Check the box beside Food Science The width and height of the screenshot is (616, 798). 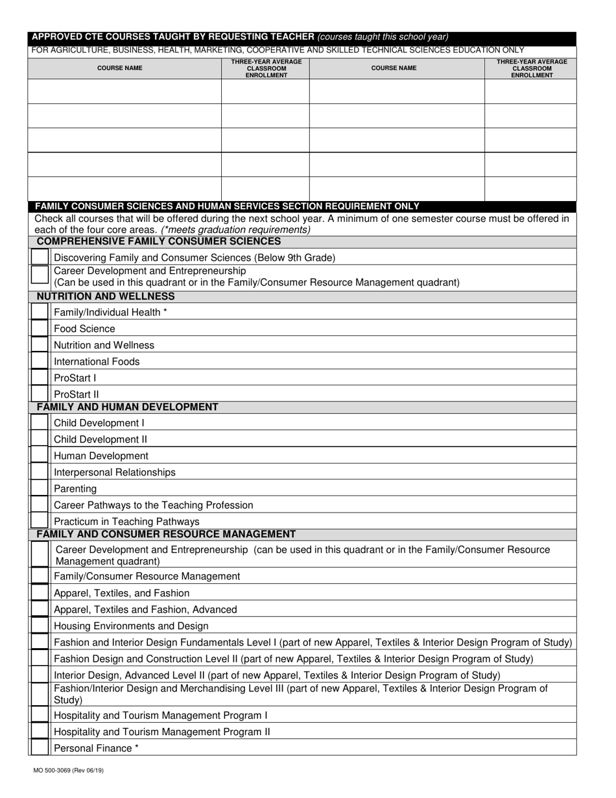(x=40, y=329)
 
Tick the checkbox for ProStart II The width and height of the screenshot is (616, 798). (x=40, y=394)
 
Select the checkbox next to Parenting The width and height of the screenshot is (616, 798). (x=40, y=489)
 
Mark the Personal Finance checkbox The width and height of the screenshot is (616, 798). (x=40, y=748)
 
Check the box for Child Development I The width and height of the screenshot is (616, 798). (x=40, y=423)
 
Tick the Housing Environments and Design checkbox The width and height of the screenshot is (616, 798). (x=40, y=626)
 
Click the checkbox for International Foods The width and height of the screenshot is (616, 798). (x=40, y=361)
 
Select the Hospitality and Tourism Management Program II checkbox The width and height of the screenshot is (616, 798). (x=40, y=732)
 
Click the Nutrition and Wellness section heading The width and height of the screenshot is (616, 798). (x=106, y=296)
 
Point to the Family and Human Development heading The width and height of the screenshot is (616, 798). (x=127, y=407)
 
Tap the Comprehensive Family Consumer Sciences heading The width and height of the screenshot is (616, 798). (x=159, y=241)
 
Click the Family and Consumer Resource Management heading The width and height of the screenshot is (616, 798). (x=166, y=534)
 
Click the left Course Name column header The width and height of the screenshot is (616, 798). (x=120, y=68)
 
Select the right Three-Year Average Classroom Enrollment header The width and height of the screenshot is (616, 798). (x=531, y=68)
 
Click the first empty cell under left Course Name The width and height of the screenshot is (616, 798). (x=124, y=91)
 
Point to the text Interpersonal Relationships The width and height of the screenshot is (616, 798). (x=115, y=472)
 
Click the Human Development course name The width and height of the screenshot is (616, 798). (x=101, y=456)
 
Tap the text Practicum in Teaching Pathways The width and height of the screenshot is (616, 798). (x=126, y=522)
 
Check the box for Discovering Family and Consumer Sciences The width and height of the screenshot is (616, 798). (x=40, y=258)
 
